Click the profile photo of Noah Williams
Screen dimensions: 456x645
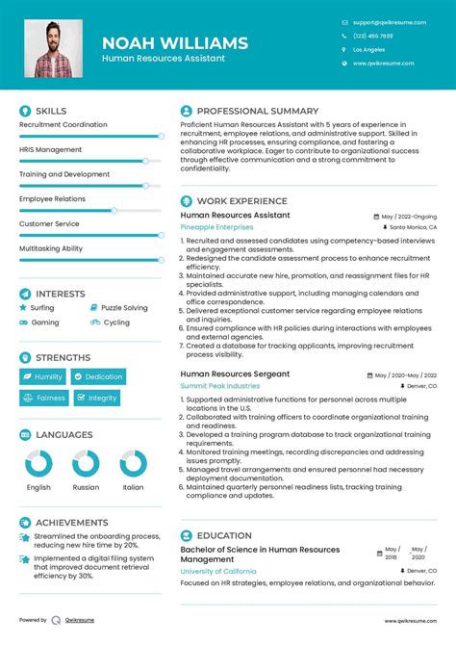pos(53,49)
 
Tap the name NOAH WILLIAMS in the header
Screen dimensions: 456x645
pos(174,43)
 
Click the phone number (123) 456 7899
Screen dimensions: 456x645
pos(372,36)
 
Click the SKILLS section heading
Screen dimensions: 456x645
pos(51,112)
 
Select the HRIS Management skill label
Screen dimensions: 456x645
pos(50,149)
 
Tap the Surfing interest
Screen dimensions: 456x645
pos(43,308)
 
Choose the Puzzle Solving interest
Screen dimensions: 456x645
pos(124,308)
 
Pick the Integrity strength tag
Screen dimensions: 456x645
pos(96,398)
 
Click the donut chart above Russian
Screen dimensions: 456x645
pos(86,464)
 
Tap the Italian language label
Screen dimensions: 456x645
pos(133,487)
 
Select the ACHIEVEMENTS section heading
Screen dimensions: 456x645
pos(71,523)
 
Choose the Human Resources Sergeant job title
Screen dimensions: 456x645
pos(235,374)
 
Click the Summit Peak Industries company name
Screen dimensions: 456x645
pos(220,386)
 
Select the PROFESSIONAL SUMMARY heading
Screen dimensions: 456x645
pos(257,112)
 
